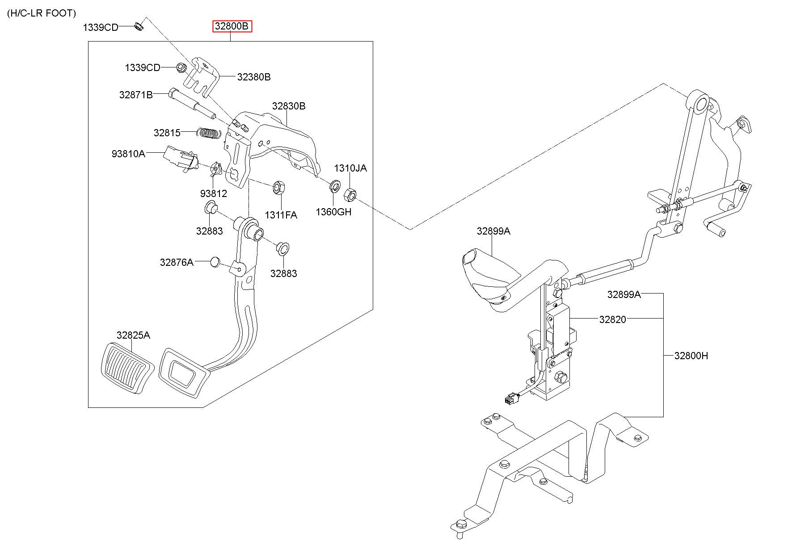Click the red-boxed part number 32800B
(232, 26)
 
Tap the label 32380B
(254, 77)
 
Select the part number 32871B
(136, 95)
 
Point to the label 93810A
(128, 154)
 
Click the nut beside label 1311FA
(277, 187)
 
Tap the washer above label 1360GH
(334, 186)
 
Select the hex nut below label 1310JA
(350, 194)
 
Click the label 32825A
(133, 335)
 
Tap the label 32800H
(691, 356)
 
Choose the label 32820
(613, 319)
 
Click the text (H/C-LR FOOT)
(42, 13)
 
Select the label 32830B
(289, 106)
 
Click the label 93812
(214, 193)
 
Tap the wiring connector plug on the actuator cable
(509, 398)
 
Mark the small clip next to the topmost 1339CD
(139, 25)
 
